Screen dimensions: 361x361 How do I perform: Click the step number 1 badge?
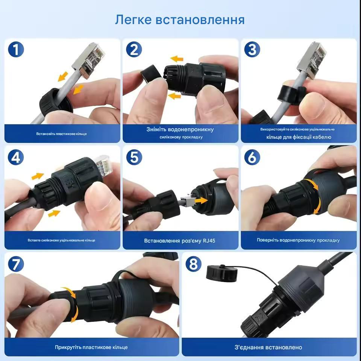point(15,50)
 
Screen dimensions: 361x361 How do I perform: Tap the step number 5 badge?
point(134,157)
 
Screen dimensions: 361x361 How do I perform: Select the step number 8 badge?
point(193,264)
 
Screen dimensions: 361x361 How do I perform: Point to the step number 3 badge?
point(252,50)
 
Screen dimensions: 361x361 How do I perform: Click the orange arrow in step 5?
point(201,201)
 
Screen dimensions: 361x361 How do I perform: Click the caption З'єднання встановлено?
point(269,347)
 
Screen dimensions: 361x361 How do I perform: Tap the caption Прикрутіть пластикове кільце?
point(91,347)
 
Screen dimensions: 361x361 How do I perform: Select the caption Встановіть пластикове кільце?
point(62,134)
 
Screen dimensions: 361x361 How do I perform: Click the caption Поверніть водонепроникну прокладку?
point(298,240)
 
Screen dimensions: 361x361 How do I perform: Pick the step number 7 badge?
point(15,264)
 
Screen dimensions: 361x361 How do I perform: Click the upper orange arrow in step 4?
point(37,176)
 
